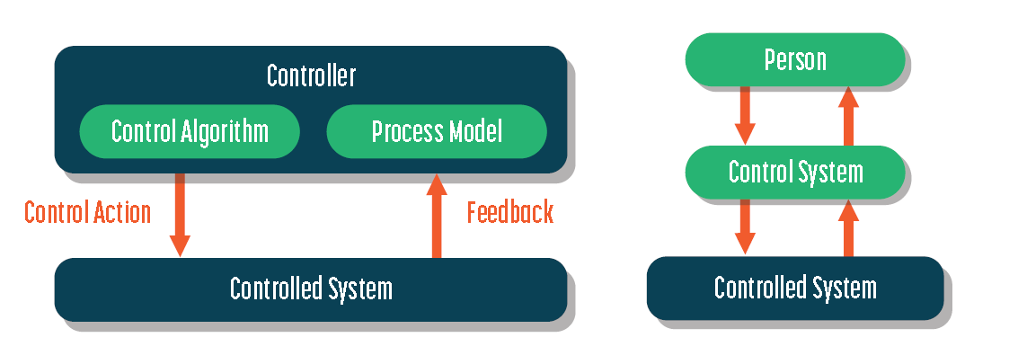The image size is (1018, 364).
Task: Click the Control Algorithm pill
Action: [190, 131]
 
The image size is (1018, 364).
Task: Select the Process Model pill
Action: [437, 131]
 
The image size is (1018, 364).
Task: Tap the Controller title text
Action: [312, 76]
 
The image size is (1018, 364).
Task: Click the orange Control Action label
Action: [88, 212]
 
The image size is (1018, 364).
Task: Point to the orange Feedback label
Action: [510, 212]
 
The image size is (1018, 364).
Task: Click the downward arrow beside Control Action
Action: [180, 215]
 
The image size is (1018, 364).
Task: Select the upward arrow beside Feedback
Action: [437, 215]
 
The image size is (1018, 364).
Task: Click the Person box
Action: [795, 60]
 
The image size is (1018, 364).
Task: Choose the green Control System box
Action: [795, 173]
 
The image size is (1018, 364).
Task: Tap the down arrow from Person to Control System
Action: [745, 116]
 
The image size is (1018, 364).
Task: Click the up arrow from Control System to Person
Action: [848, 116]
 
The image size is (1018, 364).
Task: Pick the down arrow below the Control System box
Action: [745, 226]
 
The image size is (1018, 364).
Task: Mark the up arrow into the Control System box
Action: [848, 227]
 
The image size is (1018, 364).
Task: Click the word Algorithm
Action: [224, 132]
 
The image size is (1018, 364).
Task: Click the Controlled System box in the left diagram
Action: [311, 289]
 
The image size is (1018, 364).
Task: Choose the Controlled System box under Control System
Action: [795, 288]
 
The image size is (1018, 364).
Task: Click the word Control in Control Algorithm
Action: [144, 131]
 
